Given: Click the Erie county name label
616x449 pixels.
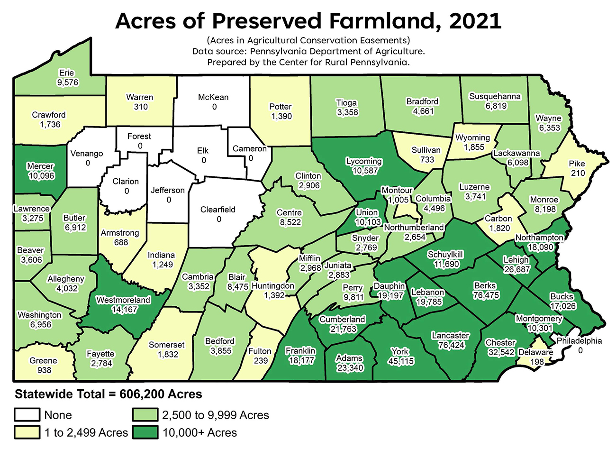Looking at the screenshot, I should tap(66, 73).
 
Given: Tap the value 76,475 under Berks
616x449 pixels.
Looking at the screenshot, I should tap(486, 295).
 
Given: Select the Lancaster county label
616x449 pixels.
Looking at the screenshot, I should tap(450, 336).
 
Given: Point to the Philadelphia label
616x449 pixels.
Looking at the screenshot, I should tap(579, 341).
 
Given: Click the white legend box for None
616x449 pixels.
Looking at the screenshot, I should tap(27, 415).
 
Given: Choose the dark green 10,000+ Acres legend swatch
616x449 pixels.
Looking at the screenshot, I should tap(145, 432).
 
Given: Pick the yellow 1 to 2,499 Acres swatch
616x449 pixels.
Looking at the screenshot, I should tap(27, 432).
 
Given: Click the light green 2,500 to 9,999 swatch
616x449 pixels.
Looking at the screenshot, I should tap(145, 415).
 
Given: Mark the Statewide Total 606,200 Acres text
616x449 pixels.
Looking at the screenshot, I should tap(109, 394).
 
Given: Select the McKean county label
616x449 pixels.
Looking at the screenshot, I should tap(213, 97).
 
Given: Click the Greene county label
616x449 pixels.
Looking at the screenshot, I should tap(43, 360).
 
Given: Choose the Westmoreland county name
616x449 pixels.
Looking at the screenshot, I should tap(123, 300).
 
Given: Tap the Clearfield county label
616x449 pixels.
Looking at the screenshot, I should tap(217, 210).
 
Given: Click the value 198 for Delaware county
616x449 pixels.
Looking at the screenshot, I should tap(534, 362).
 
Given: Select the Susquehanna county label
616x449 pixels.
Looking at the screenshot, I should tap(495, 97).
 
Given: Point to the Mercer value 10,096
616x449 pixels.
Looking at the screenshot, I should tap(40, 176).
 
